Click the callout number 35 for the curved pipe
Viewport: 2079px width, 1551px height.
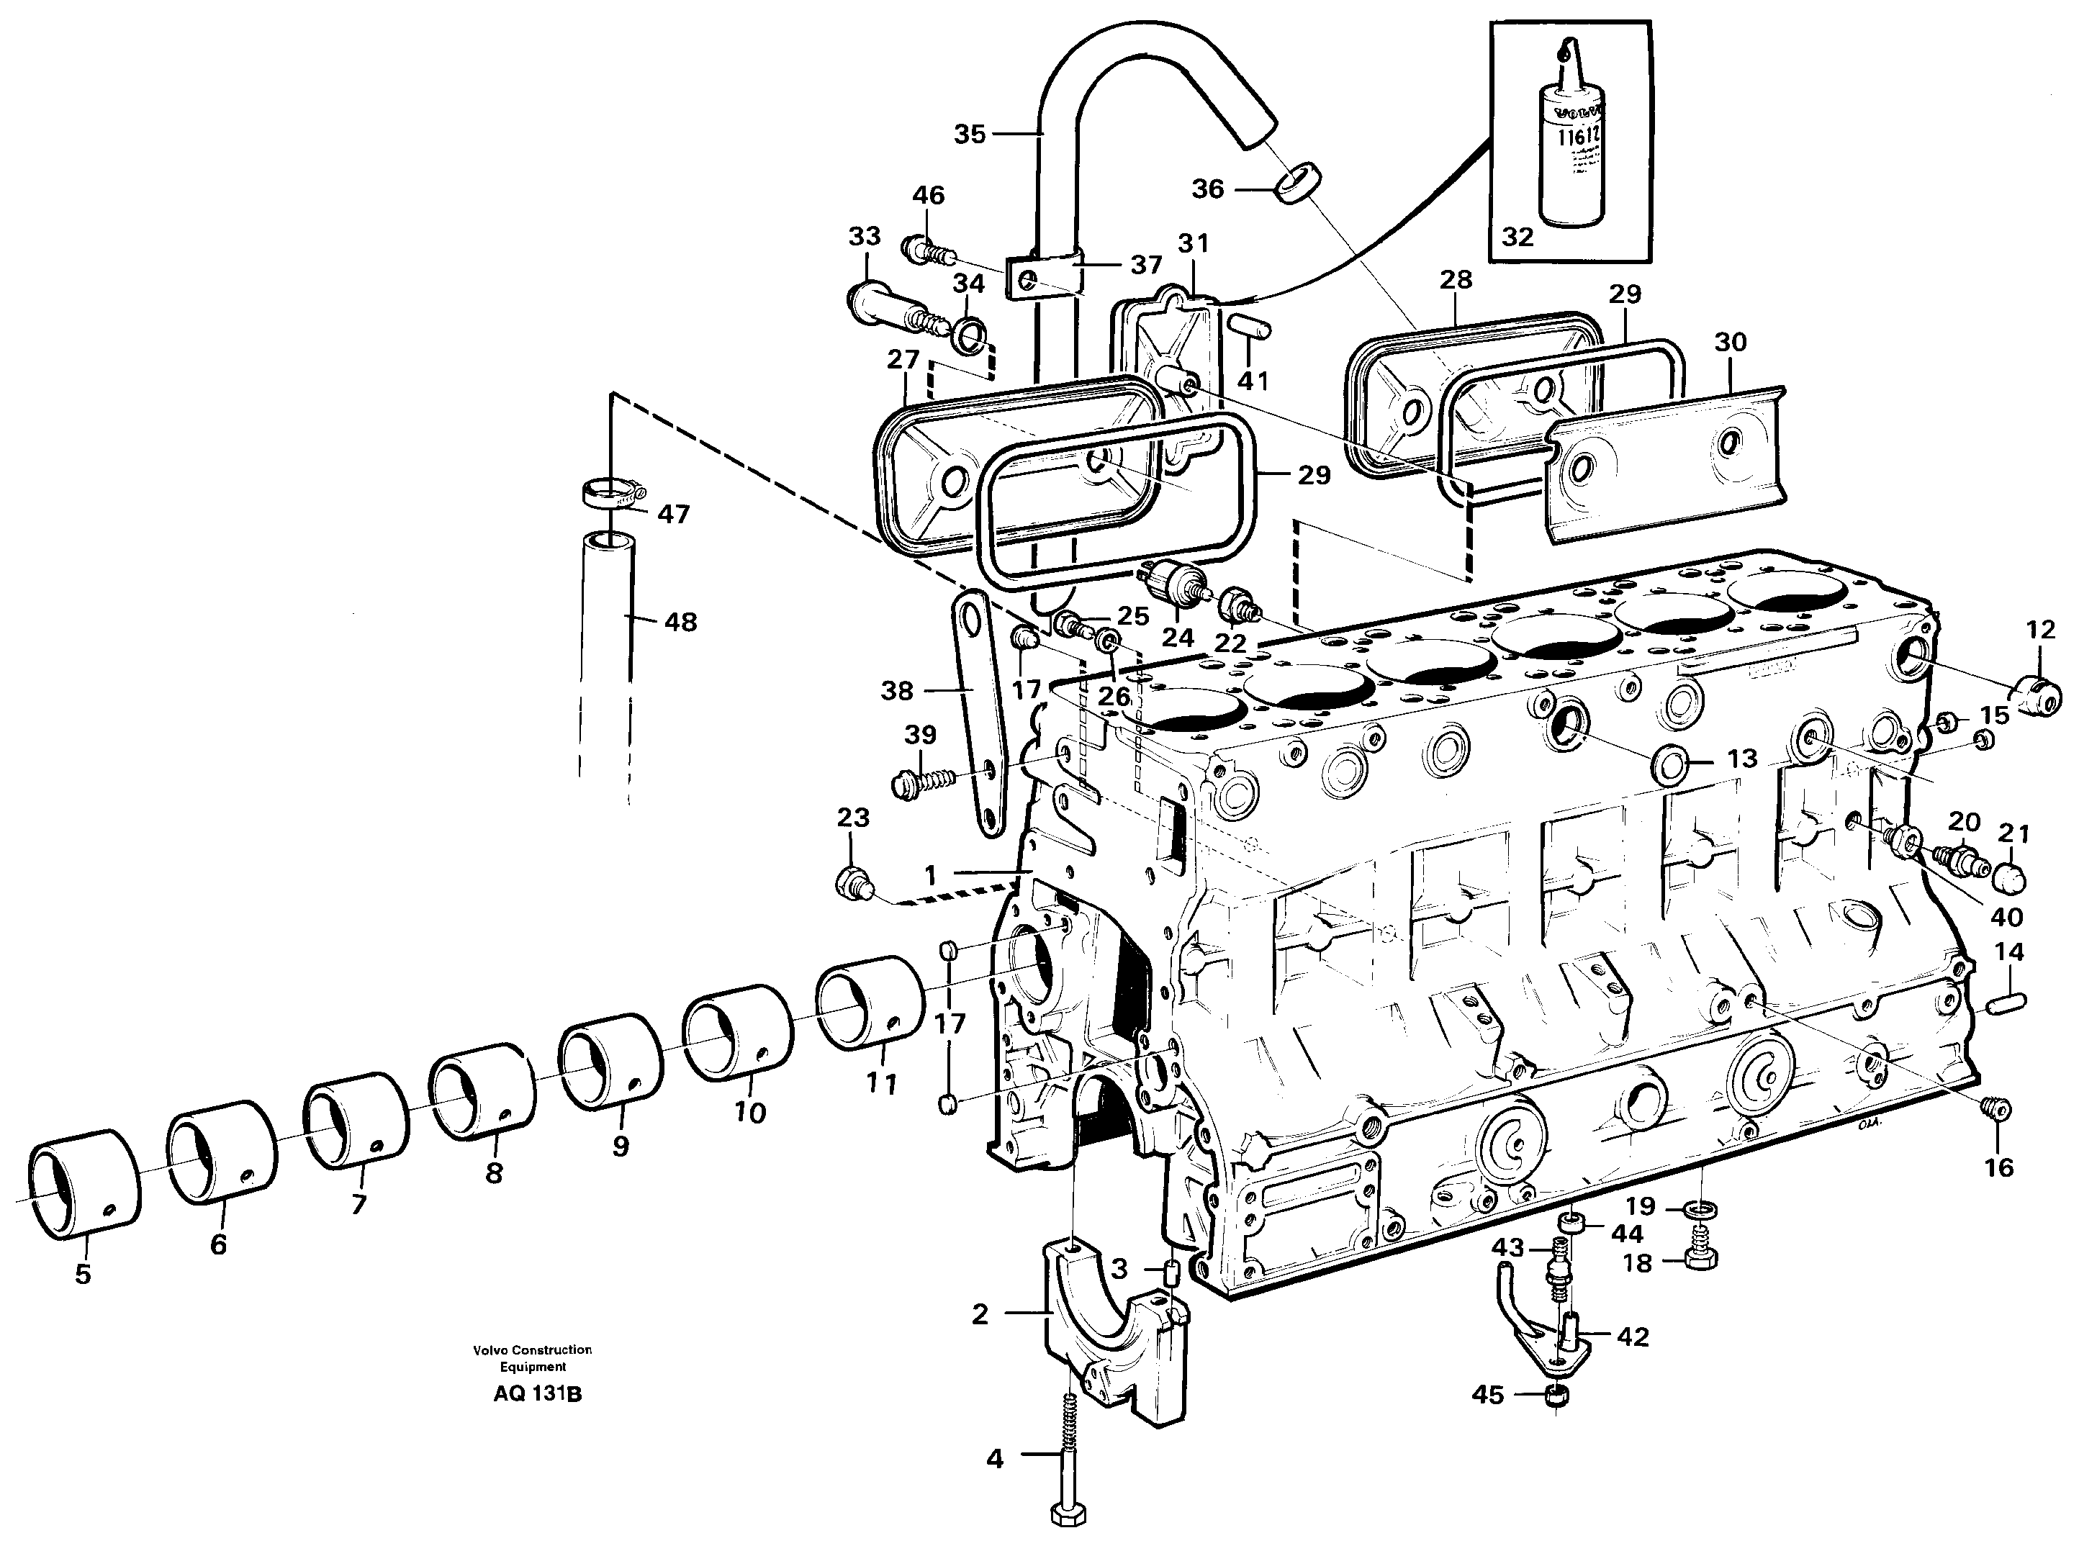pos(969,135)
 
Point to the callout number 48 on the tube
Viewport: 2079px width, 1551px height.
pos(681,622)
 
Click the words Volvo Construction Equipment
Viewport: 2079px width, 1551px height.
pos(533,1357)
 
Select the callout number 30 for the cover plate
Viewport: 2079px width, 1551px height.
pos(1730,342)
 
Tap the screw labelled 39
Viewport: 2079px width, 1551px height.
pos(923,780)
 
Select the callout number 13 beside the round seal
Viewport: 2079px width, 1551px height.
pos(1742,758)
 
